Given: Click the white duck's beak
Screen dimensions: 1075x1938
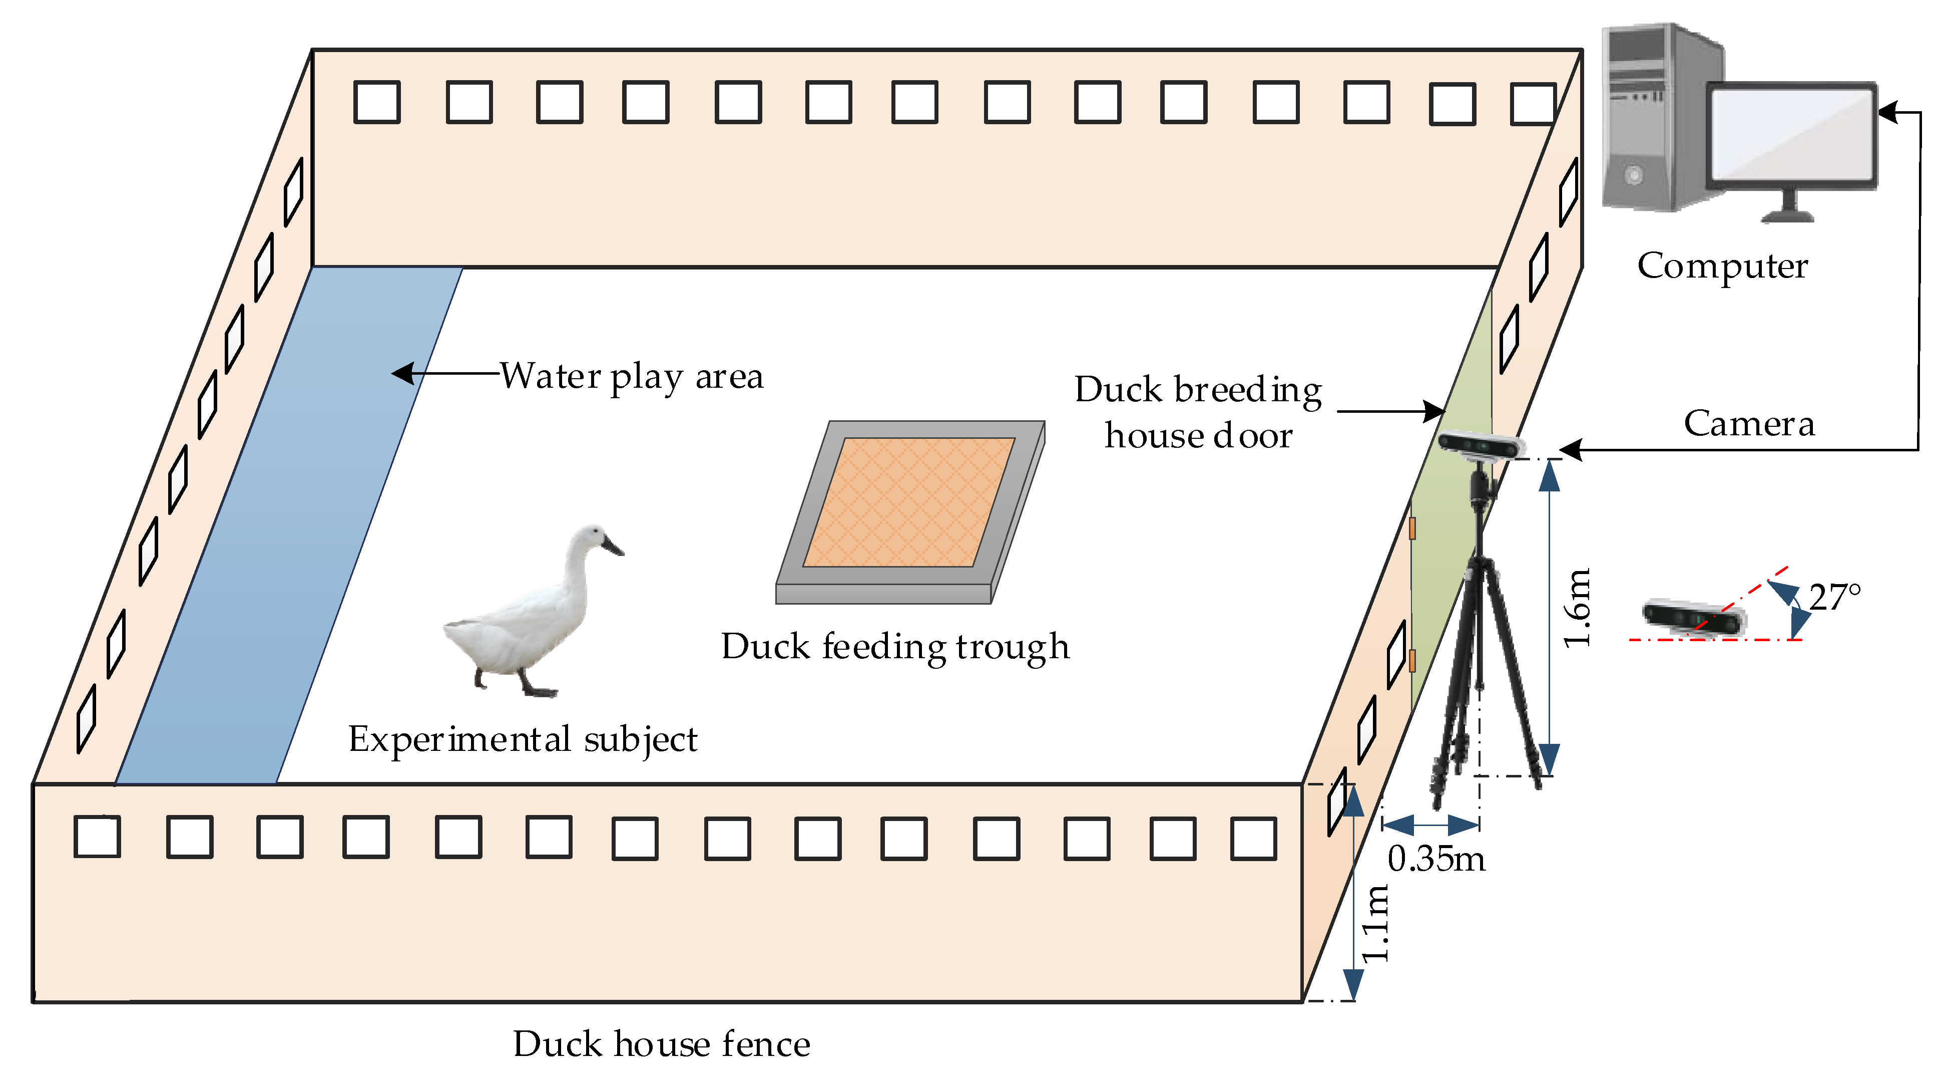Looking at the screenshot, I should coord(611,546).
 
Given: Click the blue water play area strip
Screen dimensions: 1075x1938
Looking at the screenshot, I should coord(286,527).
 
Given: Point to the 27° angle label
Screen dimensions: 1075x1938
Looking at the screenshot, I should coord(1834,598).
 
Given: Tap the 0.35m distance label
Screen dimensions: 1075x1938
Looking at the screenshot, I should coord(1435,860).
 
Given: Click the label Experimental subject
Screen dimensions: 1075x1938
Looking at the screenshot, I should coord(523,740).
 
